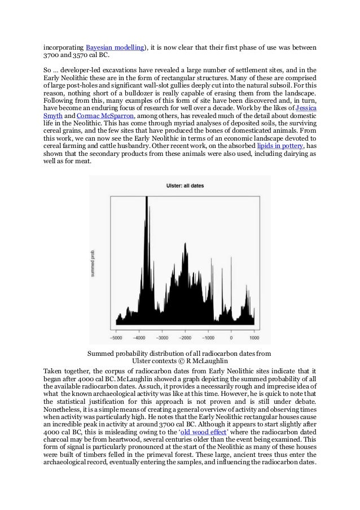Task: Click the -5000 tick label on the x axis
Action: coord(116,338)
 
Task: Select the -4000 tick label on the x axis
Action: coord(139,338)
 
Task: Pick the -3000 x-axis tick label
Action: coord(162,338)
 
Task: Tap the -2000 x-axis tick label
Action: coord(185,338)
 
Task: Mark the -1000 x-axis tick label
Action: coord(208,338)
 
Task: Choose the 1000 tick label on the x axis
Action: coord(254,338)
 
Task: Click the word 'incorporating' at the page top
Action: coord(63,46)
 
